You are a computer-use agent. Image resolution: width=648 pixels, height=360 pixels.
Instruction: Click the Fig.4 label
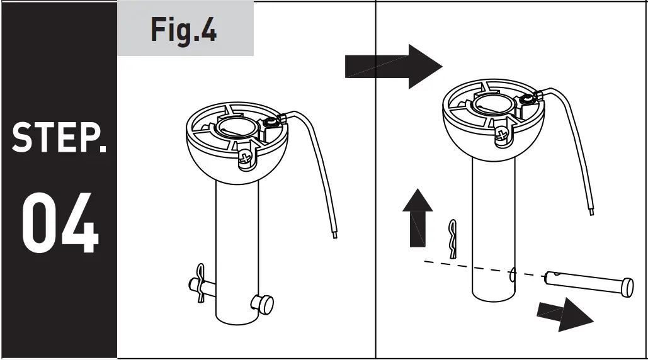point(184,30)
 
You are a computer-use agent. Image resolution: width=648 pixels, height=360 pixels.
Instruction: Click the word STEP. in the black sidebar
point(59,138)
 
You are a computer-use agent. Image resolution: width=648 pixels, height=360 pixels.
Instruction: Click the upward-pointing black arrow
point(417,218)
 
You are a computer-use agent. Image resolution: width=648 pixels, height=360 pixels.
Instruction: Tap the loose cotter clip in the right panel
point(453,239)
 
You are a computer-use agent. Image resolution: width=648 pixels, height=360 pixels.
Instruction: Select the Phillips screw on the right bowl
point(501,133)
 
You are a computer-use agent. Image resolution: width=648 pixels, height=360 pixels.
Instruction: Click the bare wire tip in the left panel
point(334,234)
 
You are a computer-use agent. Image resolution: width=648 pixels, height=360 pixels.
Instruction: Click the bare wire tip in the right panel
point(591,211)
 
